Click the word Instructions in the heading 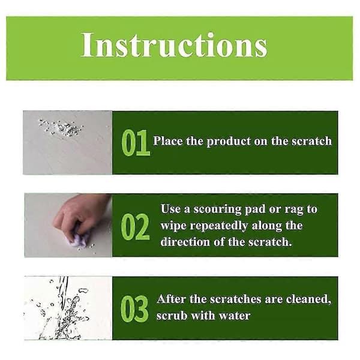(174, 44)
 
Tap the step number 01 (136, 143)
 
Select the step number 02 (135, 227)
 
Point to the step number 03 (134, 308)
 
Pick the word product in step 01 (229, 142)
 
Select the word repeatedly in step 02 (219, 226)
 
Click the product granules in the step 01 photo (61, 127)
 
